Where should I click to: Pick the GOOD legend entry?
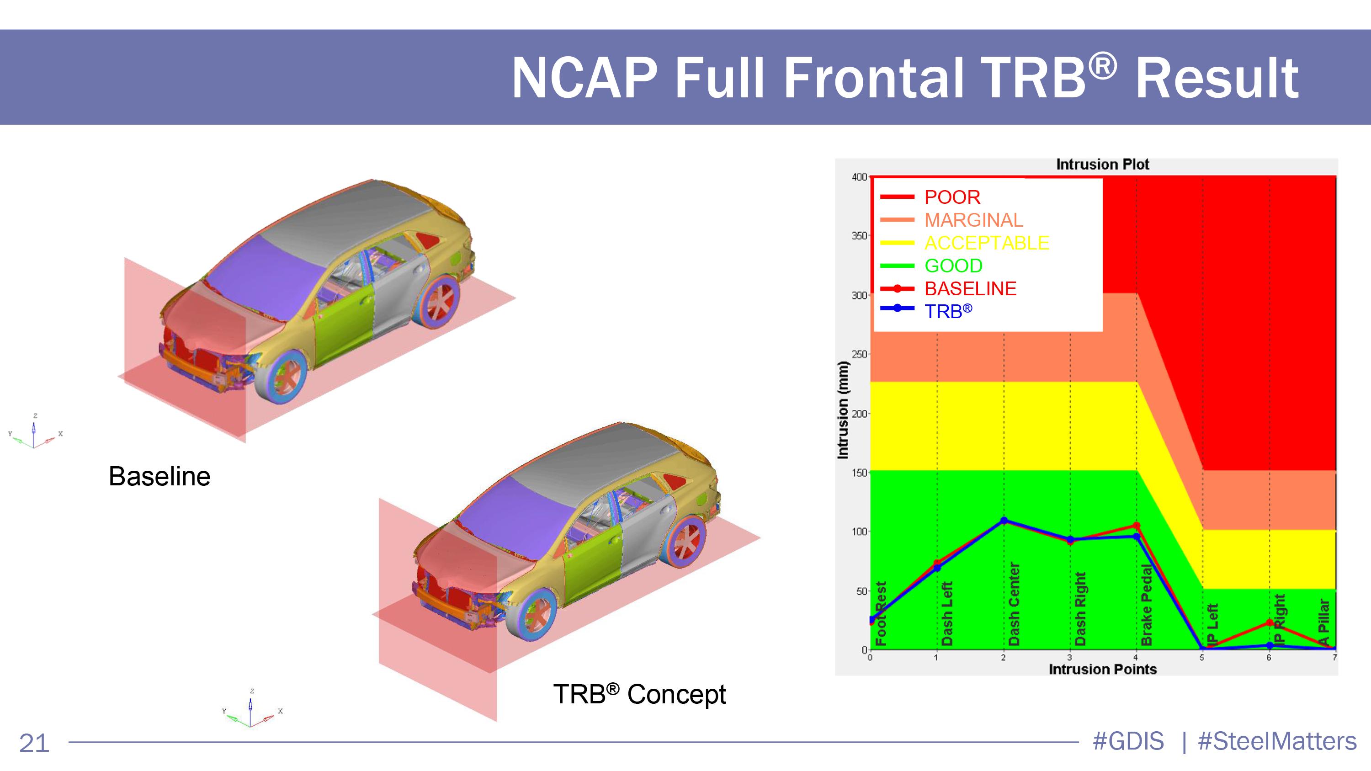click(x=931, y=266)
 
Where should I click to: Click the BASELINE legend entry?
click(x=948, y=288)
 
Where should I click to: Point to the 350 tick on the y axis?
click(x=859, y=236)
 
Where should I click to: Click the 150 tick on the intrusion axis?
click(x=859, y=473)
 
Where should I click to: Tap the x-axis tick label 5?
click(x=1202, y=658)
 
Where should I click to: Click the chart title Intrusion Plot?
click(x=1102, y=165)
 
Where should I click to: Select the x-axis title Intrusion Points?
click(x=1103, y=670)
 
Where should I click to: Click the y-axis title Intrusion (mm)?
click(x=843, y=409)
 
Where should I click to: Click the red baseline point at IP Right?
click(x=1270, y=622)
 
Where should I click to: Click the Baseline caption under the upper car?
click(x=159, y=476)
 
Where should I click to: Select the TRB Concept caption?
click(x=639, y=694)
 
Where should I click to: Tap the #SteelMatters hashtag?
click(x=1277, y=741)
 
